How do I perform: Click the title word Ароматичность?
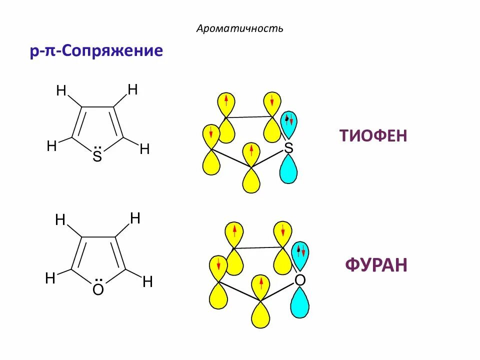[x=240, y=28]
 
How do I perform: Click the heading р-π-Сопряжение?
[x=96, y=51]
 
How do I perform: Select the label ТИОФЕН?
[x=373, y=135]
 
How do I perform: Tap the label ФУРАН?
[x=376, y=265]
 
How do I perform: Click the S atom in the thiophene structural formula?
[x=97, y=157]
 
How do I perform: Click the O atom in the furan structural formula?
[x=98, y=290]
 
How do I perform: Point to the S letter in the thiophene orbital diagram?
[x=288, y=147]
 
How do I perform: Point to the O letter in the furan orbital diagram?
[x=299, y=280]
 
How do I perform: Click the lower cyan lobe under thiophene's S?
[x=288, y=168]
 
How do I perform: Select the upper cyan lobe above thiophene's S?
[x=289, y=124]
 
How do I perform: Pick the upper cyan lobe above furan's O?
[x=300, y=255]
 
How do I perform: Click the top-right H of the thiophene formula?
[x=132, y=90]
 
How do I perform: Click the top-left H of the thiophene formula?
[x=61, y=91]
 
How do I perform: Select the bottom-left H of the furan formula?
[x=50, y=278]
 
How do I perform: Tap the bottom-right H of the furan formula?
[x=147, y=282]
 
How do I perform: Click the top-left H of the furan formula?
[x=60, y=220]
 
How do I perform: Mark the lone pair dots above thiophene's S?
[x=97, y=148]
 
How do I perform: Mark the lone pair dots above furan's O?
[x=98, y=280]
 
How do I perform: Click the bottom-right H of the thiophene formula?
[x=144, y=149]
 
